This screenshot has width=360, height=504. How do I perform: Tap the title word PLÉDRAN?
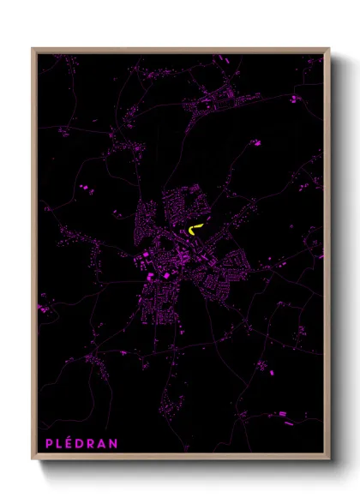(x=83, y=444)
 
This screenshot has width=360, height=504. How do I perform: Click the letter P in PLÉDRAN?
(x=48, y=444)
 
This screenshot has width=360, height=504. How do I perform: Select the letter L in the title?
(x=59, y=444)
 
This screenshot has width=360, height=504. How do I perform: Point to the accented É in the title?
(x=70, y=444)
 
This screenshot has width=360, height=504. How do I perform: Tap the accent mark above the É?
(x=71, y=437)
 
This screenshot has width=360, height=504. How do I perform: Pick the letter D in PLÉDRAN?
(x=82, y=444)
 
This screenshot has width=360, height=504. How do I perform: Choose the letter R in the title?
(x=94, y=444)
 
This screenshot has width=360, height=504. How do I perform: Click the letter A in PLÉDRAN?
(x=106, y=444)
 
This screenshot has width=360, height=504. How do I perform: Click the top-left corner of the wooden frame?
(x=33, y=50)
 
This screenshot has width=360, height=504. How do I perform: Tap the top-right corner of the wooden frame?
(x=328, y=50)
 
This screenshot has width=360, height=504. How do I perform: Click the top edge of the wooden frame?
(x=180, y=50)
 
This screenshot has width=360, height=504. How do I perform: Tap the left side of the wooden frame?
(x=33, y=257)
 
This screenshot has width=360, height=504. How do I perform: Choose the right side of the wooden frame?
(x=328, y=257)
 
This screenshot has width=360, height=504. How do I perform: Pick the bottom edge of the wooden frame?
(x=180, y=459)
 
